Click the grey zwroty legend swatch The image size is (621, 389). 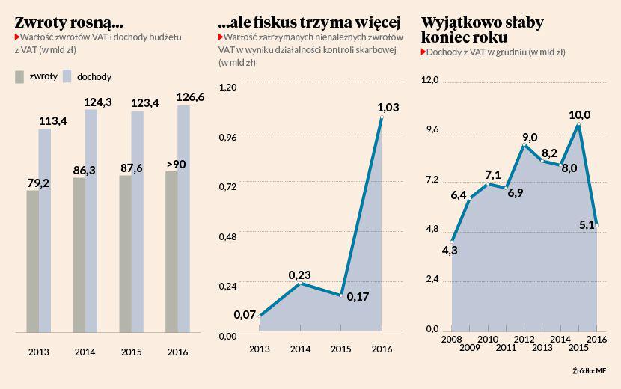click(20, 76)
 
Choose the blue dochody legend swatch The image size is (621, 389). click(67, 76)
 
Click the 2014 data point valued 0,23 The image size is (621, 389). click(300, 283)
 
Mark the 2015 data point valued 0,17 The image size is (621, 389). click(341, 295)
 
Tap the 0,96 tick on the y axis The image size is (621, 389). click(227, 137)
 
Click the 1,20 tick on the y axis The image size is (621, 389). click(227, 87)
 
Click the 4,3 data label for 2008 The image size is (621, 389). click(450, 250)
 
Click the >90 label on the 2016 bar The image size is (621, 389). click(176, 164)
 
